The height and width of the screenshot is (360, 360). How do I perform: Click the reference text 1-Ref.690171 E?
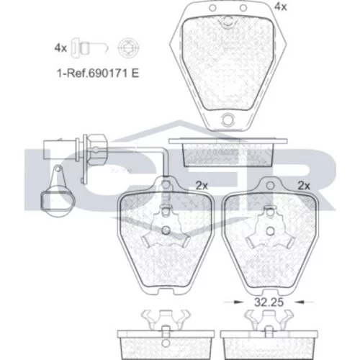[x=98, y=73]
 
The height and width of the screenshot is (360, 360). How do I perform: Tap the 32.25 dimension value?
[x=269, y=302]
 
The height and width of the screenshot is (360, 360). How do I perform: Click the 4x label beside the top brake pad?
[x=281, y=7]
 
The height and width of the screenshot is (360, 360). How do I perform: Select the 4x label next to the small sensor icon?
[x=60, y=48]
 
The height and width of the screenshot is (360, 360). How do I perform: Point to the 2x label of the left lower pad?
[x=202, y=186]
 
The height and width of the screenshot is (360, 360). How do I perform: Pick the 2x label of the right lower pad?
[x=304, y=186]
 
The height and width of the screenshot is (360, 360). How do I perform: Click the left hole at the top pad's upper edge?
[x=212, y=8]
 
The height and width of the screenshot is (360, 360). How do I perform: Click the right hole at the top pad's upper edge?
[x=243, y=8]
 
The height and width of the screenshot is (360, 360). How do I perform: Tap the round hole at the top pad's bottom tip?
[x=228, y=120]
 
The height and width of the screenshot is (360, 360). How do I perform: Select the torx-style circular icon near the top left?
[x=129, y=48]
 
